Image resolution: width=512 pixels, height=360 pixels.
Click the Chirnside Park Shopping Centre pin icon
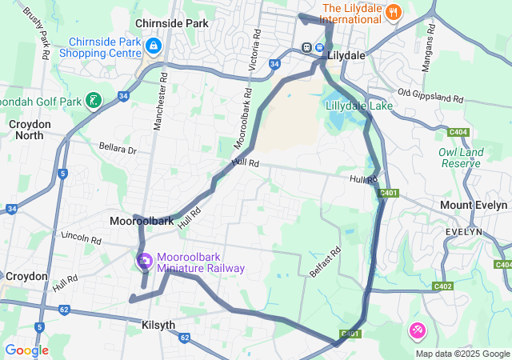pyautogui.click(x=152, y=47)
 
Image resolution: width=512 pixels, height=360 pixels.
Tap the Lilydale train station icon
pyautogui.click(x=307, y=46)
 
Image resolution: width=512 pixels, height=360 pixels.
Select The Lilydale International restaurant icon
pyautogui.click(x=393, y=12)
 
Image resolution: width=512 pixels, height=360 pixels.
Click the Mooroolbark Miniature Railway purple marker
pyautogui.click(x=145, y=261)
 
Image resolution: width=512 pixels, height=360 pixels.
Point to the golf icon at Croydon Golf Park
pyautogui.click(x=94, y=100)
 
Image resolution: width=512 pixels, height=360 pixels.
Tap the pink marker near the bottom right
pyautogui.click(x=417, y=330)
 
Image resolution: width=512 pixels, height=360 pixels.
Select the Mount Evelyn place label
pyautogui.click(x=475, y=205)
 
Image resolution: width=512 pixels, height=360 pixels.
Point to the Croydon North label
pyautogui.click(x=29, y=130)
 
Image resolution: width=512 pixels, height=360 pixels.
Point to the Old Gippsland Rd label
pyautogui.click(x=430, y=97)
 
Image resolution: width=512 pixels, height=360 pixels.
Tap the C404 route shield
pyautogui.click(x=458, y=132)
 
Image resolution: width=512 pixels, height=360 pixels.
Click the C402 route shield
pyautogui.click(x=442, y=286)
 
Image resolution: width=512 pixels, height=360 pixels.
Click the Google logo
pyautogui.click(x=26, y=350)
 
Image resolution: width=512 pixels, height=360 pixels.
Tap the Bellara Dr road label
pyautogui.click(x=118, y=149)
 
